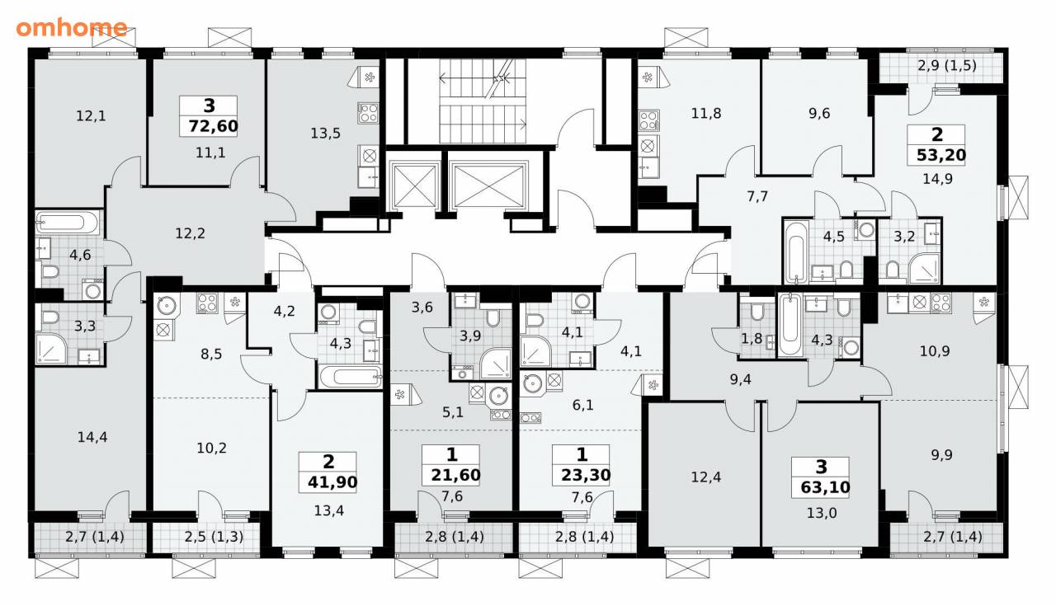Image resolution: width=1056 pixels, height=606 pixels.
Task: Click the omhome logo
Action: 72,28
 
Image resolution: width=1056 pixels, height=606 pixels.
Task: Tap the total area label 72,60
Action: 213,126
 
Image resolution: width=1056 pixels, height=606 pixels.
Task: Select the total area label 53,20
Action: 941,154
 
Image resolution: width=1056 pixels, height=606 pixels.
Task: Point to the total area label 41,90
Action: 332,482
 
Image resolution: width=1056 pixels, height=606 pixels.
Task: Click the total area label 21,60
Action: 455,475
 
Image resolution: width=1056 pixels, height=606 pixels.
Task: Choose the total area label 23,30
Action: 586,475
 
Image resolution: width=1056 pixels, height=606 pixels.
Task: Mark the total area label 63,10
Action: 825,487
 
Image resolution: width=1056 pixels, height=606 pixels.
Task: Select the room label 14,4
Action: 92,437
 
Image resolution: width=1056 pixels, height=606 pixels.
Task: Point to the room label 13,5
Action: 325,134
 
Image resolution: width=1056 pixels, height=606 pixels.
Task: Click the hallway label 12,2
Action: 190,233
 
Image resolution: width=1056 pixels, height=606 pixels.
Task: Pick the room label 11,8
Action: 705,114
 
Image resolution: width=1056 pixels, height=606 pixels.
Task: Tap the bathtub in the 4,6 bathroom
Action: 68,222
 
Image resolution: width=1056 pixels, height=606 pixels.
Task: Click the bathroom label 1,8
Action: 752,338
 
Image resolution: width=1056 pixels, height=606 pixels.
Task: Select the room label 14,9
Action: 938,179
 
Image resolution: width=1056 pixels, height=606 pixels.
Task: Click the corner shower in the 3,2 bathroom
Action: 925,269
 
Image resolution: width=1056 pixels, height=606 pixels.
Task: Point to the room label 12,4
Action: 705,477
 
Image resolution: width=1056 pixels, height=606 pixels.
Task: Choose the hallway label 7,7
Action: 757,196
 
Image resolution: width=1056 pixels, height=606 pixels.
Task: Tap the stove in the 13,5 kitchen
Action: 368,113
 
